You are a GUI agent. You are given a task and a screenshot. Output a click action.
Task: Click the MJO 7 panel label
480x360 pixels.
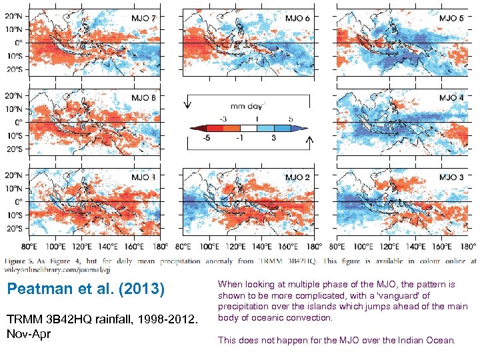[144, 18]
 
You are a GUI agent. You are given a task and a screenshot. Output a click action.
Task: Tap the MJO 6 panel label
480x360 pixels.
[297, 18]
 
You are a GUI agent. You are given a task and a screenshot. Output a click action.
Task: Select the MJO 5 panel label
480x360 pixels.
[451, 18]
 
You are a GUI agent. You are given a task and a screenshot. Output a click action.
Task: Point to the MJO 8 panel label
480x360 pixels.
[144, 97]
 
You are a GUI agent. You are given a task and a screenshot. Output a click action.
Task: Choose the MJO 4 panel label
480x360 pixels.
[451, 97]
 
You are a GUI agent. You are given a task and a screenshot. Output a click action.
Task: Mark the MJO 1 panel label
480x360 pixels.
[144, 177]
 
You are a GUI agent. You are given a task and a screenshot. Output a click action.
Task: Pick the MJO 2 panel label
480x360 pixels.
[297, 177]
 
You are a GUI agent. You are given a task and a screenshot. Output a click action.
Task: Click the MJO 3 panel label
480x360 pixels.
[451, 177]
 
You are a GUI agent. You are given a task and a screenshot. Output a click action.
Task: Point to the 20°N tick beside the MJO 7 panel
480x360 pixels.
[15, 15]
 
